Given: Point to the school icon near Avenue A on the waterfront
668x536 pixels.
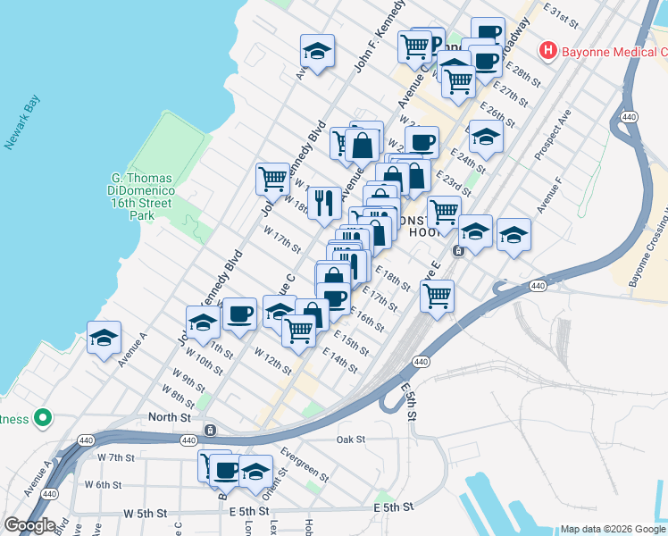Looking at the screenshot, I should [x=104, y=339].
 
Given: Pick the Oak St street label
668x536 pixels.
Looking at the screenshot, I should [x=351, y=440].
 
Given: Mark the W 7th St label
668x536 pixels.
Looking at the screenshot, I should [x=115, y=457].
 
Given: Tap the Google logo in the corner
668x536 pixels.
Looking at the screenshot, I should [x=29, y=525].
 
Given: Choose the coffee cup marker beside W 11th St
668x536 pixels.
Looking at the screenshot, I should [x=239, y=314].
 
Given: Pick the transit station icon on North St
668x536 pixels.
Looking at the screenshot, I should [x=210, y=430].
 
